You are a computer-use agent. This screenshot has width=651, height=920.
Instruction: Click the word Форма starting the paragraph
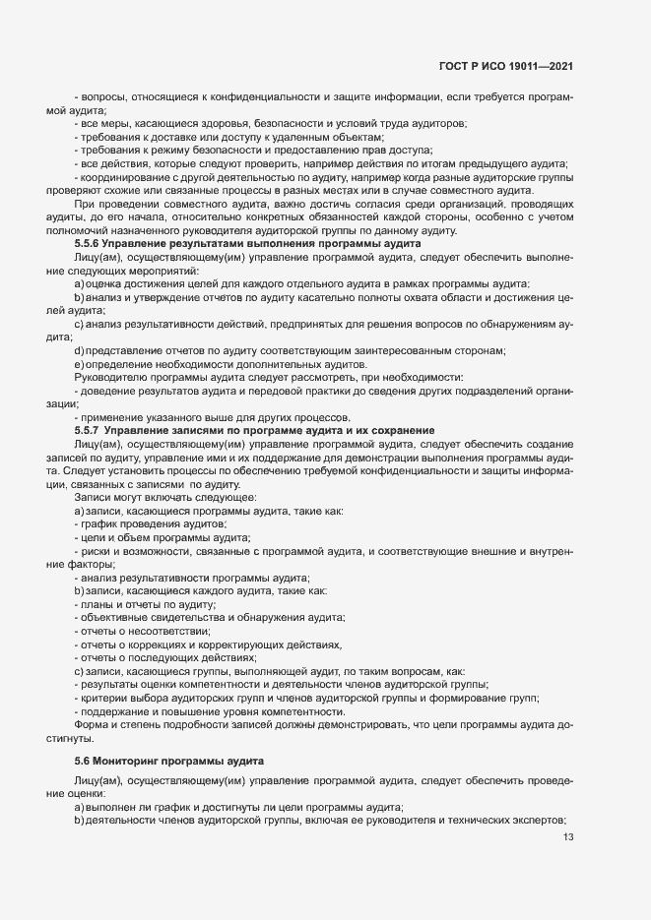92,724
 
